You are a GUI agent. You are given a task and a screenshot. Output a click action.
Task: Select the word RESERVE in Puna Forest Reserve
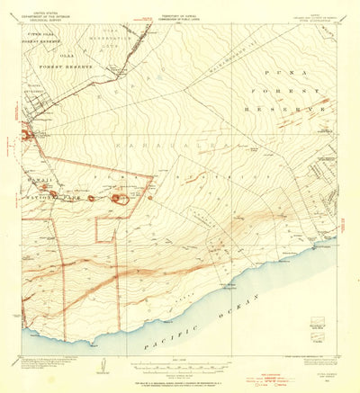(x=294, y=108)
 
